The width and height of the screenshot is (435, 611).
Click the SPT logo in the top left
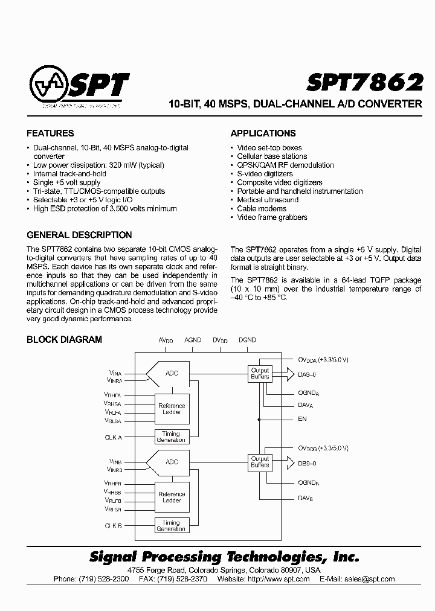tap(79, 87)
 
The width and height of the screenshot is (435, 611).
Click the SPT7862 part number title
tap(364, 83)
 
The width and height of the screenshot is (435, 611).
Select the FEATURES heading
tap(50, 133)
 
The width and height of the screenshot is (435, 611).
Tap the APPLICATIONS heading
tap(263, 133)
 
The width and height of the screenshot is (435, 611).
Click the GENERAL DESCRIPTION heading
tap(79, 235)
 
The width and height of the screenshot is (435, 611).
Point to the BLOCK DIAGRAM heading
tap(64, 339)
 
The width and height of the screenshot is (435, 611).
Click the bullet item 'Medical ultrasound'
tap(268, 200)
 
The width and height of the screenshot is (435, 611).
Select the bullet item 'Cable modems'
tap(262, 208)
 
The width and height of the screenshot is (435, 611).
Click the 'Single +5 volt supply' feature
tap(66, 182)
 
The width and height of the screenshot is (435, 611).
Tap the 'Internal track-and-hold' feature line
tap(69, 174)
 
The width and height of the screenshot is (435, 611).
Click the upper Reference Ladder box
tap(172, 409)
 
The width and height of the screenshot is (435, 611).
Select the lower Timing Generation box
tap(171, 525)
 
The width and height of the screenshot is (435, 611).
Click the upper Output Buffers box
tap(260, 373)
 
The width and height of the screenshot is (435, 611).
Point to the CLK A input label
tap(113, 437)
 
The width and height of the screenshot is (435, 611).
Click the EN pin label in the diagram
tap(302, 418)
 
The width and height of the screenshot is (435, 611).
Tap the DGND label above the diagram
tap(247, 341)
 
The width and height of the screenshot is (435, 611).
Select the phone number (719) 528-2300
tap(104, 578)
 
